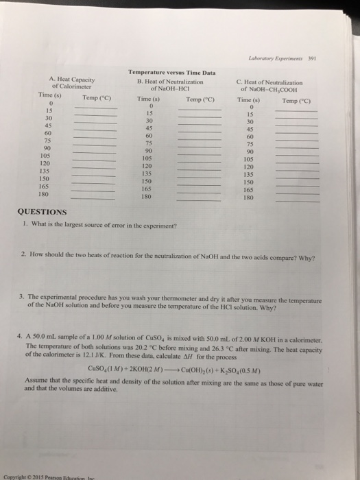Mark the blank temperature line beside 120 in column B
coord(199,168)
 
